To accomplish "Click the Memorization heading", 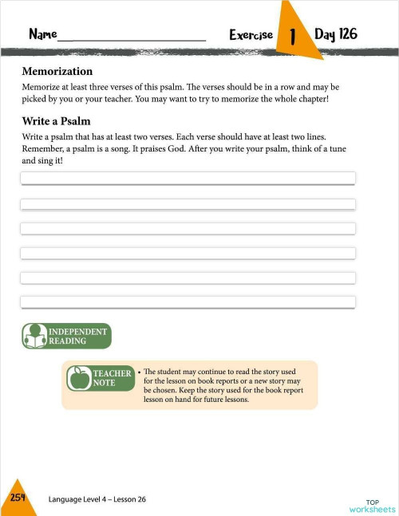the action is pos(57,71).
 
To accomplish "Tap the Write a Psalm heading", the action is pos(56,121).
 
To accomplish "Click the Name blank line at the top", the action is pos(132,38).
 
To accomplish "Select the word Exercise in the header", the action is pos(251,35).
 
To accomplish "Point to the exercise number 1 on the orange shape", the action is pos(293,36).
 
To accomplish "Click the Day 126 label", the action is pos(335,34).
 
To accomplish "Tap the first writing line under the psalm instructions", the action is pos(188,178).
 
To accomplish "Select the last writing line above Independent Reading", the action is pos(188,302).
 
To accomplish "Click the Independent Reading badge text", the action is pos(77,336).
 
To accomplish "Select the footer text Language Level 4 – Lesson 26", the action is pos(97,499).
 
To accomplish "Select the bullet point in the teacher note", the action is pos(139,372).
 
